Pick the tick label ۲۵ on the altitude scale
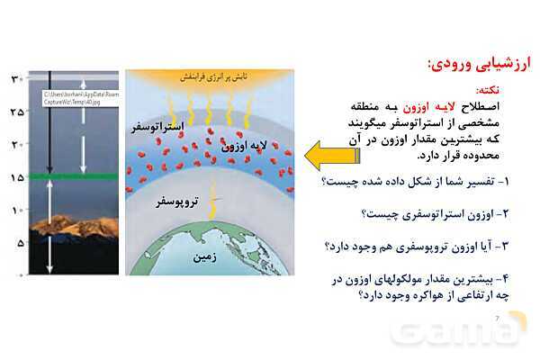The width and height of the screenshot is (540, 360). click(x=15, y=112)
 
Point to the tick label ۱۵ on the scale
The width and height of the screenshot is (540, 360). click(x=15, y=177)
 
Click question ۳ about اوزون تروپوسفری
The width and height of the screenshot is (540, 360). click(x=415, y=245)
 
